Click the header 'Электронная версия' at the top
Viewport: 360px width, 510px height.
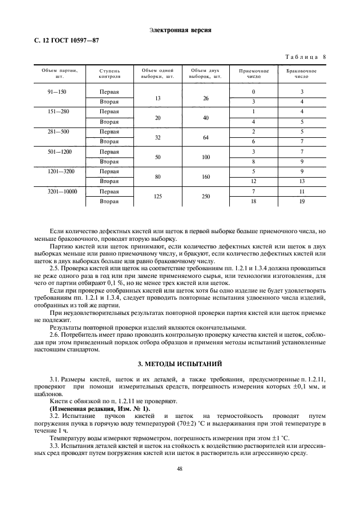pos(180,30)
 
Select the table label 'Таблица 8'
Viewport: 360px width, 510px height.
pos(305,57)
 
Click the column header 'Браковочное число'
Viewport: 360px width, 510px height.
pos(301,74)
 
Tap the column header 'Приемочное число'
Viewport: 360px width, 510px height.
pos(254,74)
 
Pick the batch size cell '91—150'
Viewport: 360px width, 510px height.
pos(57,92)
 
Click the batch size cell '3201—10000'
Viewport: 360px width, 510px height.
pos(63,191)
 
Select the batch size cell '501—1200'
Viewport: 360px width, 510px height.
pos(60,151)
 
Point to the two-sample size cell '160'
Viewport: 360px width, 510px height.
pos(206,177)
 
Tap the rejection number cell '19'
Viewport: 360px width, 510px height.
pos(302,201)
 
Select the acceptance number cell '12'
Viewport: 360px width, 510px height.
pos(254,181)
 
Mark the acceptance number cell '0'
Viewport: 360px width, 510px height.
pos(254,92)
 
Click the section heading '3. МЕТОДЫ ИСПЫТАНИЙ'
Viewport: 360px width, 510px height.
pos(180,363)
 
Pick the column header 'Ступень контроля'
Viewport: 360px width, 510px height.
pos(109,74)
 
